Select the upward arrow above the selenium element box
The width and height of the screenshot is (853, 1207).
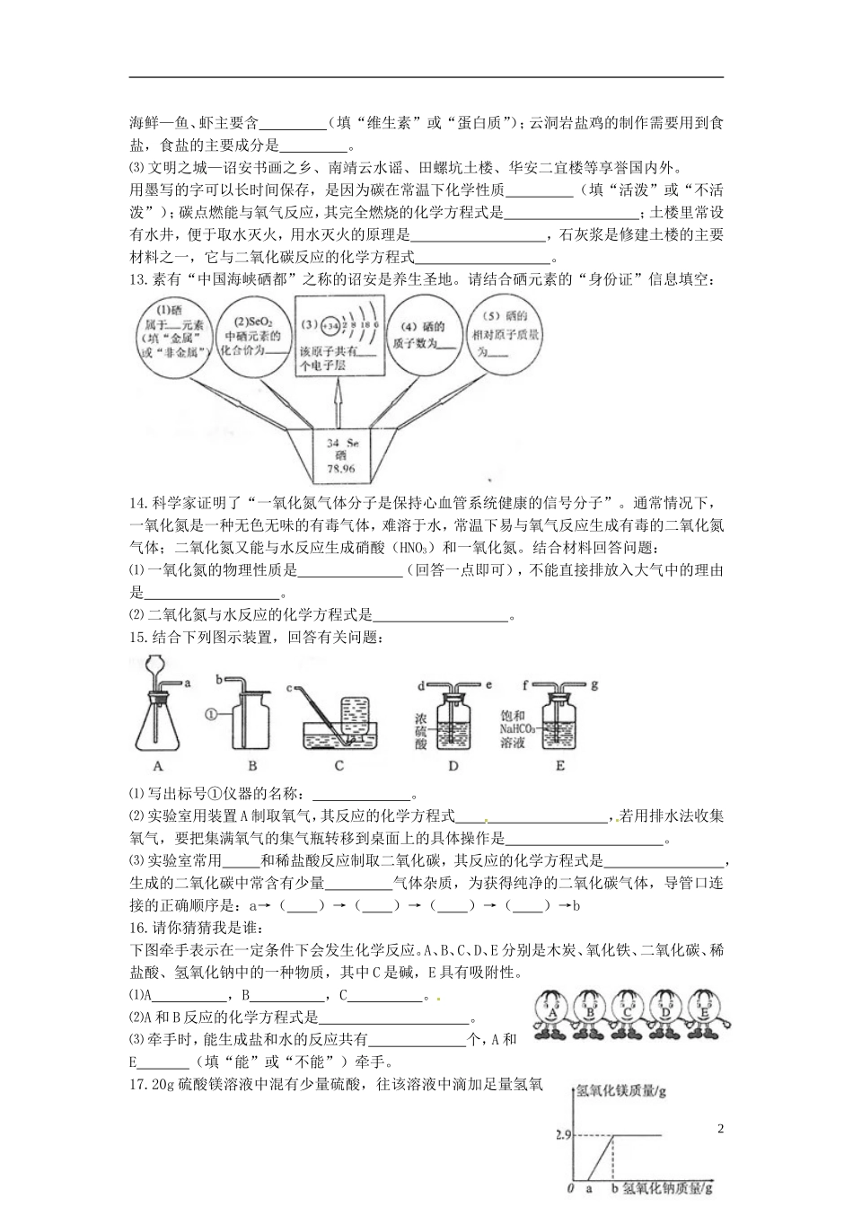(x=339, y=405)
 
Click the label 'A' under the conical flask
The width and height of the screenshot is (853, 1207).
(x=158, y=766)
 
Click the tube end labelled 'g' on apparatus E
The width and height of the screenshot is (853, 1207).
(x=594, y=684)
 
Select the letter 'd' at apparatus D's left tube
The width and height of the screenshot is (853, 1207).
(x=420, y=685)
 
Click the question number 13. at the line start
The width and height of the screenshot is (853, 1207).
(x=138, y=279)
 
